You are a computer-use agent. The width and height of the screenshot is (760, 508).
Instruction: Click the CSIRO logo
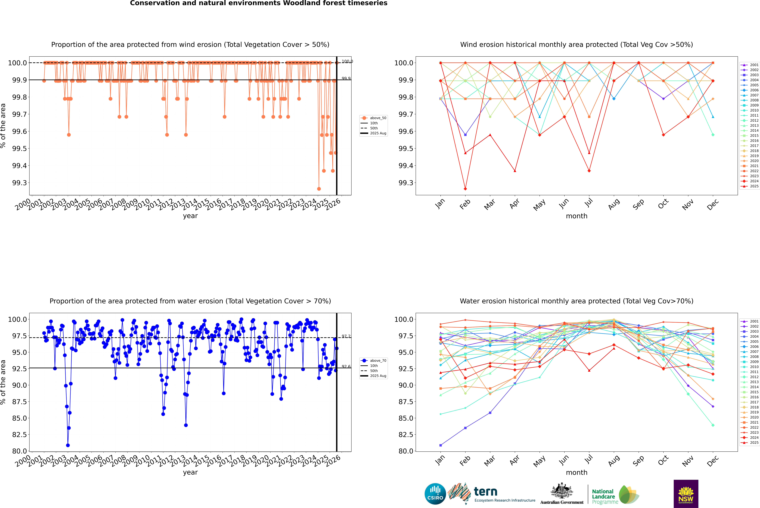pos(435,494)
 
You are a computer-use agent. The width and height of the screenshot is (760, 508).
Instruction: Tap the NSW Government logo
pos(686,494)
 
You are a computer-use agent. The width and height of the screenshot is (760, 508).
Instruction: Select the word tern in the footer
pos(485,492)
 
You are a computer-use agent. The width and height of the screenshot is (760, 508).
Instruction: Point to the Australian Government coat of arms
pos(561,491)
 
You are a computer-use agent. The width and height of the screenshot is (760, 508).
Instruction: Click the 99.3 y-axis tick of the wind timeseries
pos(19,183)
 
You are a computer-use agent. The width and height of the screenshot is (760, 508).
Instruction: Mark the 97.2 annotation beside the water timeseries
pos(346,336)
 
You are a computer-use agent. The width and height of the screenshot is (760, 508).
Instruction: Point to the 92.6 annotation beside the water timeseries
pos(346,366)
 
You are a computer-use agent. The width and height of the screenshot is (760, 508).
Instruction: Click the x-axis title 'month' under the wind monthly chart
pos(576,216)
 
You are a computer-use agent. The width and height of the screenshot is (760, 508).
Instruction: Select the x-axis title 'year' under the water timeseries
pos(190,472)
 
